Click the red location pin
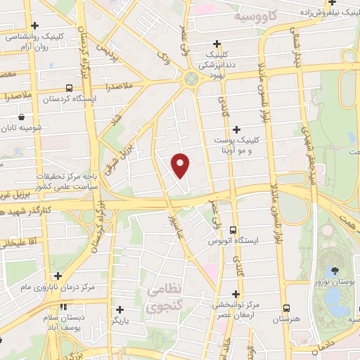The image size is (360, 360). tap(181, 165)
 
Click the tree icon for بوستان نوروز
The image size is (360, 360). tap(335, 271)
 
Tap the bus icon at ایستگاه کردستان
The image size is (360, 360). tap(69, 89)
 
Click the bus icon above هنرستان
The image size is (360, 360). tap(286, 308)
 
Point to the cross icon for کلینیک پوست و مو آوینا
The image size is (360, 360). tap(236, 129)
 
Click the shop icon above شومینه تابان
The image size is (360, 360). tap(22, 117)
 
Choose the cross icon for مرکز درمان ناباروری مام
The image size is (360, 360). tap(58, 276)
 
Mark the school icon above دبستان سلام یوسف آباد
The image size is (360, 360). tap(64, 307)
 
